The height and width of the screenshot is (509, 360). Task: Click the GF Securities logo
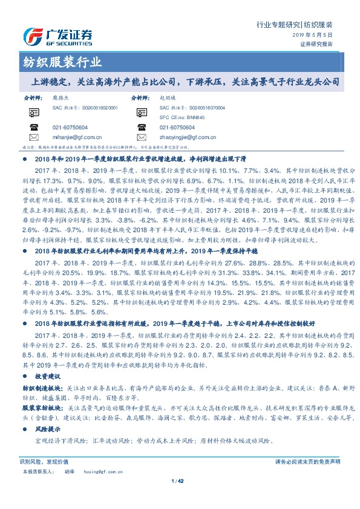point(57,35)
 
